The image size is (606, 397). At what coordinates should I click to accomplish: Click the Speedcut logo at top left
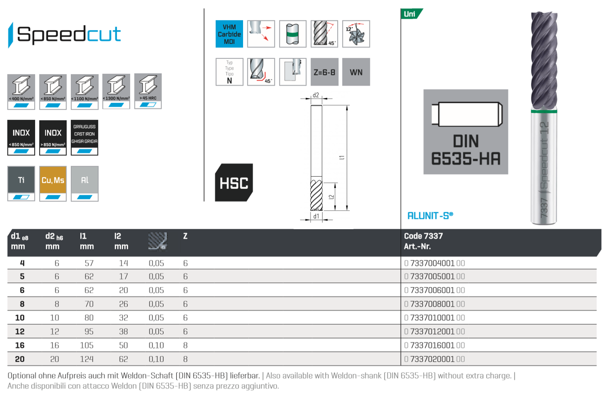click(x=64, y=34)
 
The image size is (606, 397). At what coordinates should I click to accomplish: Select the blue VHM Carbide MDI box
click(x=229, y=34)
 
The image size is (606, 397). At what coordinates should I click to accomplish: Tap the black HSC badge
click(x=234, y=183)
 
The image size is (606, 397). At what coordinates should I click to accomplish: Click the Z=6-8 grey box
click(x=324, y=72)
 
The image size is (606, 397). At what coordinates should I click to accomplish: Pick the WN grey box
click(x=356, y=72)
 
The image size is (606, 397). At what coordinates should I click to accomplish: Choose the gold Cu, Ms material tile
click(x=53, y=183)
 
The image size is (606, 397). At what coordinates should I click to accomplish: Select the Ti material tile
click(x=21, y=183)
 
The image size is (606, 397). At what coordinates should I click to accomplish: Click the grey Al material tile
click(x=85, y=183)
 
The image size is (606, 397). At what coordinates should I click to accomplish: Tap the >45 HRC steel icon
click(x=148, y=91)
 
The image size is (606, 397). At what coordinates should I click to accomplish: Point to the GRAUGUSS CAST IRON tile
click(x=85, y=137)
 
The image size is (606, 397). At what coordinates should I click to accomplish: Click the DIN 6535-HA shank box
click(x=465, y=132)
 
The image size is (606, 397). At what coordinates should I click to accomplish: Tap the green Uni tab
click(x=410, y=14)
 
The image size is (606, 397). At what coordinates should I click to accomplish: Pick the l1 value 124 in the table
click(x=87, y=359)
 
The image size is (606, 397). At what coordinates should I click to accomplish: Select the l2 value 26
click(x=123, y=304)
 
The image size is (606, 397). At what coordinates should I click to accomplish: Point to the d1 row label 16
click(x=20, y=346)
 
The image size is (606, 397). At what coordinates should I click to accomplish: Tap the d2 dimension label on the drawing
click(x=315, y=95)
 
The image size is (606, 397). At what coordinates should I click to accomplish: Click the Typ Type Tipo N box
click(x=229, y=72)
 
